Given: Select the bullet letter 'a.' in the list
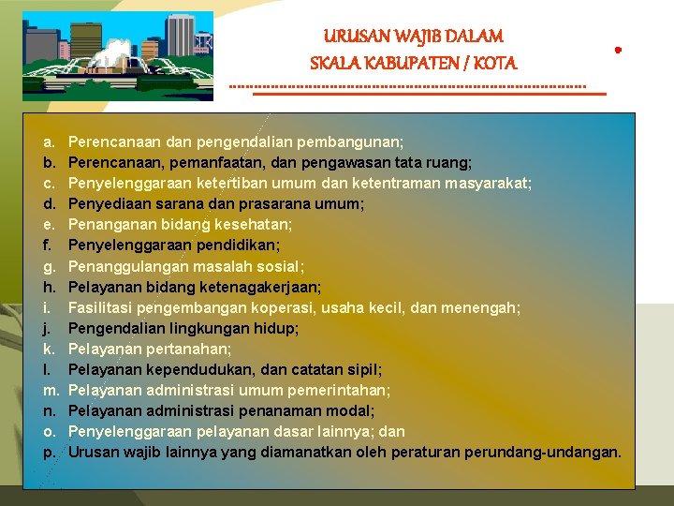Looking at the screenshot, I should pos(49,142).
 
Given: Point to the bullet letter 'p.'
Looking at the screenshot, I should pos(49,452).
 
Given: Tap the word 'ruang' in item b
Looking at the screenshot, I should pos(448,163).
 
